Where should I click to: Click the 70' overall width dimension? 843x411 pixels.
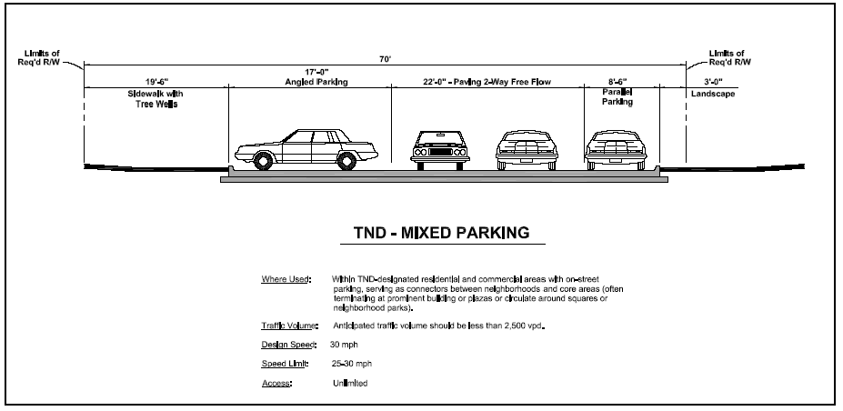coord(386,58)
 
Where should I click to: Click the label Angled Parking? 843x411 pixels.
coord(308,83)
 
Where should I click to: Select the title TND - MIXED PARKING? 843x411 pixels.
coord(441,233)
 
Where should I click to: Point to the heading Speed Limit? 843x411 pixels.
coord(285,364)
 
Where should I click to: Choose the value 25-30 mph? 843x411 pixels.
coord(353,364)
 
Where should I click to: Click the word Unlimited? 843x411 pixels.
coord(351,384)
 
